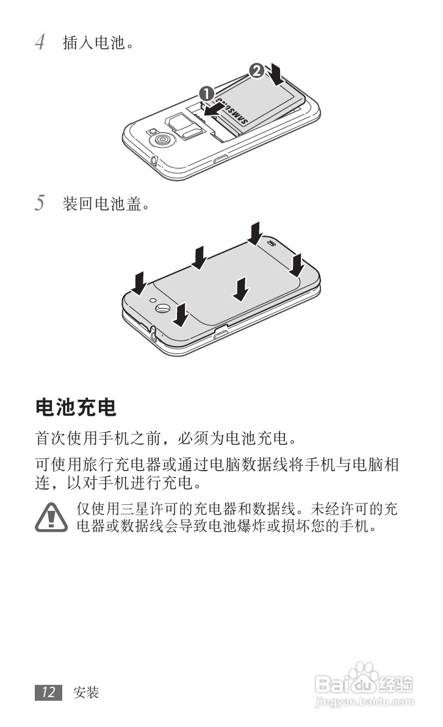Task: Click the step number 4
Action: pyautogui.click(x=40, y=43)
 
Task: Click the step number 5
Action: pyautogui.click(x=40, y=203)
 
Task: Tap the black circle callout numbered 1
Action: pyautogui.click(x=206, y=93)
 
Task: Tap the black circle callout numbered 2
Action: pyautogui.click(x=258, y=70)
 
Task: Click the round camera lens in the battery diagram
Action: pyautogui.click(x=162, y=140)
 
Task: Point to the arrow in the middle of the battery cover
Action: pyautogui.click(x=242, y=288)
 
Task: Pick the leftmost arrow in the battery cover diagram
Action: pyautogui.click(x=140, y=283)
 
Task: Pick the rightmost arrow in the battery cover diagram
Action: pyautogui.click(x=297, y=264)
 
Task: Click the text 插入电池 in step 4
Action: pyautogui.click(x=98, y=43)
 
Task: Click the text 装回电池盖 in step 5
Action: pyautogui.click(x=106, y=203)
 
